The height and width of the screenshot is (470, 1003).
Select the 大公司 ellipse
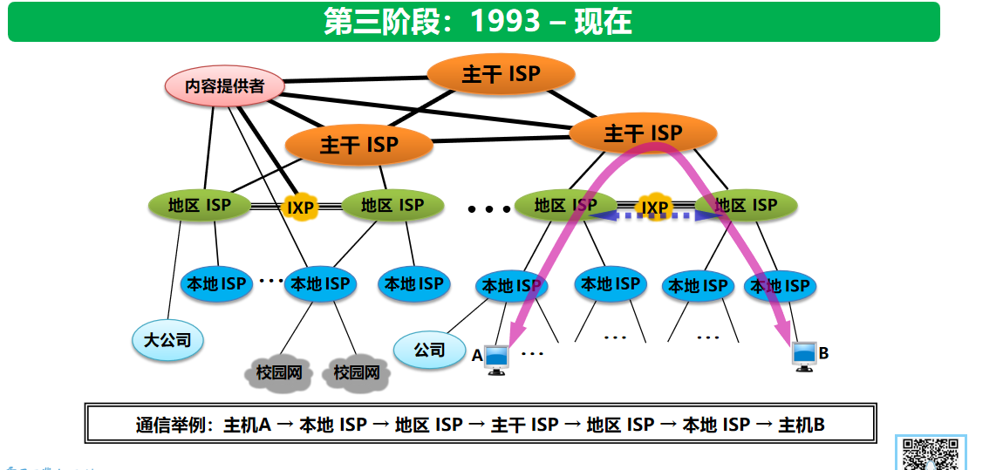click(x=167, y=340)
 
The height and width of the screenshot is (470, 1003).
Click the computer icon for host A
click(x=496, y=358)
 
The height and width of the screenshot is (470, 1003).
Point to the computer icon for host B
click(x=804, y=355)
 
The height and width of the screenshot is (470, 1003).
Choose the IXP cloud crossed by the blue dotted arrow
click(x=654, y=208)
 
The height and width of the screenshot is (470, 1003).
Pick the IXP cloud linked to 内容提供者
click(x=301, y=208)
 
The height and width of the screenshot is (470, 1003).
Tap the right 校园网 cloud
click(x=356, y=372)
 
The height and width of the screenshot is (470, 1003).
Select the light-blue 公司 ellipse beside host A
click(x=429, y=351)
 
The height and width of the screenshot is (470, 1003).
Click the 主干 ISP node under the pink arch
click(x=643, y=133)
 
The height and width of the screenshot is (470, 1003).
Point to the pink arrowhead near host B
click(x=785, y=335)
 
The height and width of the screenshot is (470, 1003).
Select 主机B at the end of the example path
click(x=802, y=425)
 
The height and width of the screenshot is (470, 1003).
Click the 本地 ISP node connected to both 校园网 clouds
click(x=320, y=283)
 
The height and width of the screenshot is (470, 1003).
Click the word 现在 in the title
click(x=603, y=22)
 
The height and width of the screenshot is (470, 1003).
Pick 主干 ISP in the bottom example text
click(x=524, y=425)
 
